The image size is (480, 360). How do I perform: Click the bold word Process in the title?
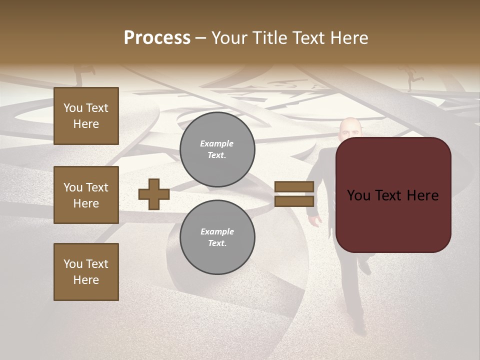pos(157,38)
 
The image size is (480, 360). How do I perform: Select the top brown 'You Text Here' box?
pos(86,116)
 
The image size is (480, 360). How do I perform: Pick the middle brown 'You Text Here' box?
pos(86,195)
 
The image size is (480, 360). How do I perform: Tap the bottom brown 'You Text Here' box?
pos(86,272)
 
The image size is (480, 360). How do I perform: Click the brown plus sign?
pos(154,194)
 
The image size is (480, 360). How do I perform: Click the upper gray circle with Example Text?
pos(217,149)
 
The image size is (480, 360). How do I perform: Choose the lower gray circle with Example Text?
pos(217,237)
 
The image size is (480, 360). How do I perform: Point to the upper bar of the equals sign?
pos(294,186)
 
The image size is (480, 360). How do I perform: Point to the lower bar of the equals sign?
pos(294,201)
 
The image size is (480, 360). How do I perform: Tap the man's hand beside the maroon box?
pos(315,220)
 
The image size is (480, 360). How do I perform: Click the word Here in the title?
pos(350,38)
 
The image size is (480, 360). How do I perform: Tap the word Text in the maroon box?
pos(393,195)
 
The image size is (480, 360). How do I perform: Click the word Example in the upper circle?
pos(217,143)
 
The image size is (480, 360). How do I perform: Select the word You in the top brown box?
pos(73,108)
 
